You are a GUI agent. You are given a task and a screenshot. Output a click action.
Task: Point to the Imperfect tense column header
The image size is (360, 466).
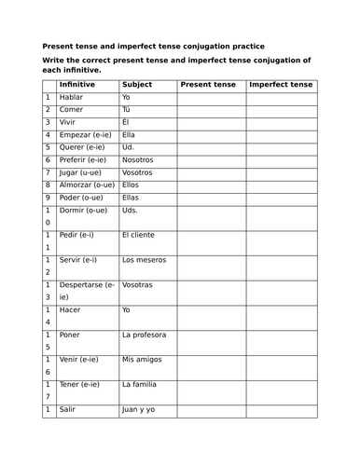tap(282, 85)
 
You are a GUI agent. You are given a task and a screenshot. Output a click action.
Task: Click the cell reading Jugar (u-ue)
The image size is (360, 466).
tap(83, 172)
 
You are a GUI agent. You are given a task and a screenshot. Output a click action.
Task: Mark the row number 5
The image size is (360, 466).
tap(47, 147)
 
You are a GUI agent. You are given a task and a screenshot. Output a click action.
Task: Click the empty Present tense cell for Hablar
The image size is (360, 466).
tap(211, 97)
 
